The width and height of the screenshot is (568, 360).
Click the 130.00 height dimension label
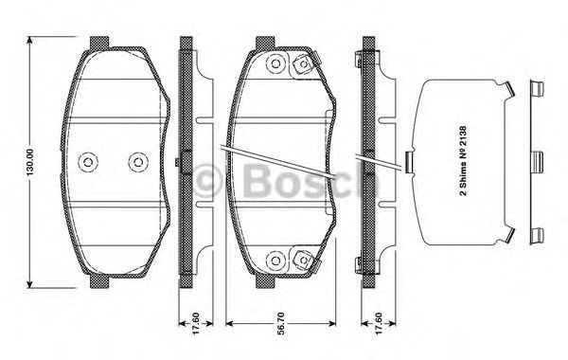pos(30,162)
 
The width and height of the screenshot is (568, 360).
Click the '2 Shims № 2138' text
pos(463,161)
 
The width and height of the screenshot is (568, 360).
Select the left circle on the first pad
pos(88,162)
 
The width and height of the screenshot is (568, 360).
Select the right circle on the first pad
pos(138,162)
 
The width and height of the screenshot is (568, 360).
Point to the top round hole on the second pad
pos(275,63)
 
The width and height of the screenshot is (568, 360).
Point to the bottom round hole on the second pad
pos(275,260)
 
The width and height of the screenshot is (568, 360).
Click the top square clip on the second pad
pos(303,64)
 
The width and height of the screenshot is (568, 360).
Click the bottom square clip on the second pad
pos(303,260)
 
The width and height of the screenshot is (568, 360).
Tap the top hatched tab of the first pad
pos(99,44)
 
